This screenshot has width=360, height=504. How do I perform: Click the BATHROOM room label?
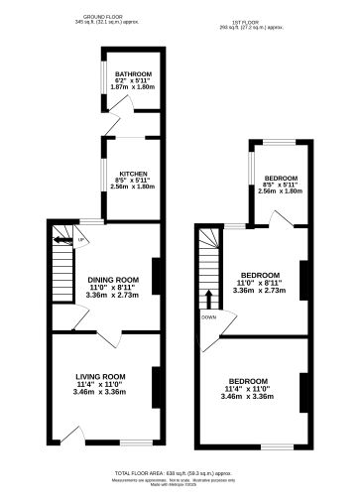[x=132, y=74]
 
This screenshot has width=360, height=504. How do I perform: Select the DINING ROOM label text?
[x=112, y=279]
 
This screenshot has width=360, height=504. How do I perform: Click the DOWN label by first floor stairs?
[x=207, y=317]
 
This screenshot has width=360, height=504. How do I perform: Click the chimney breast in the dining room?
[x=155, y=281]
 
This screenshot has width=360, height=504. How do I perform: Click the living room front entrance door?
[x=68, y=435]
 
